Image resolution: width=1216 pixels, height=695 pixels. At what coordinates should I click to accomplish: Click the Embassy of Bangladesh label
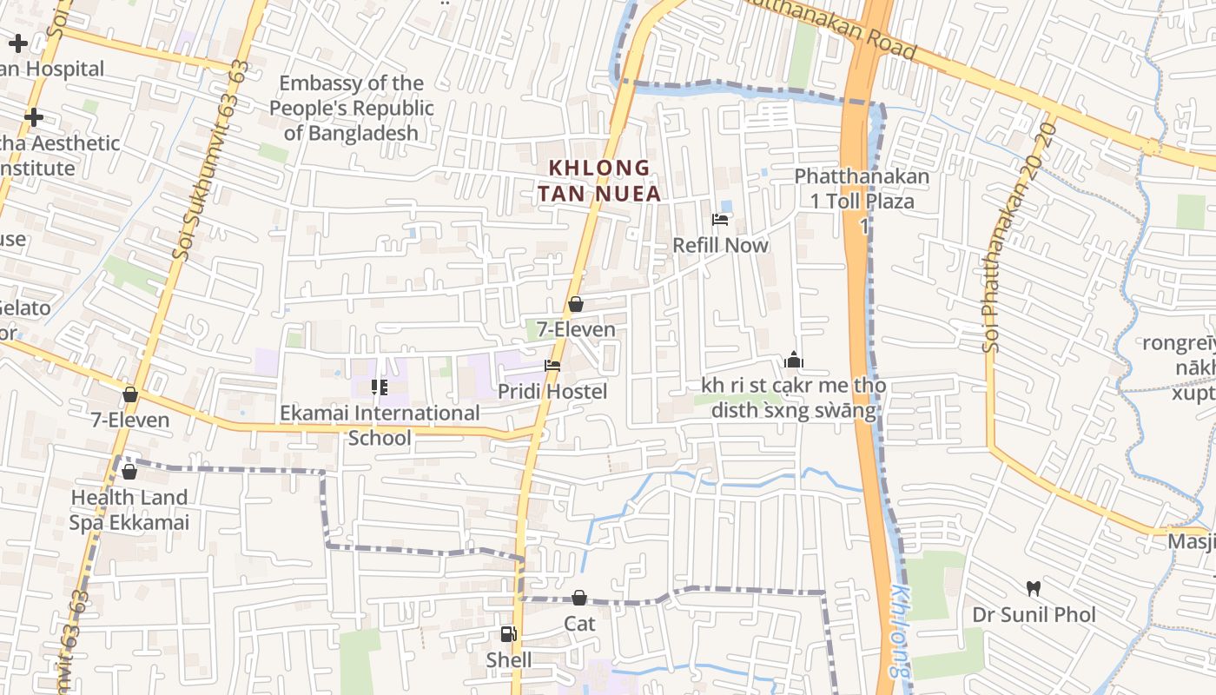(x=351, y=109)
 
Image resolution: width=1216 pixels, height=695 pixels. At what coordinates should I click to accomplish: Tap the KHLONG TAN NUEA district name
(x=599, y=181)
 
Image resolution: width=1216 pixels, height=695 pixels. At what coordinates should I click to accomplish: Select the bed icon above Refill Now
(x=720, y=220)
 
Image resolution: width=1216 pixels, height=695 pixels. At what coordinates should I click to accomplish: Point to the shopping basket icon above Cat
(x=579, y=598)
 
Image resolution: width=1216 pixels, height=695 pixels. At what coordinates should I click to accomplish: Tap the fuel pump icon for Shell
(x=508, y=634)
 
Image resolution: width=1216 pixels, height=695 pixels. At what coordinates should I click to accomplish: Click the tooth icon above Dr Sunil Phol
(x=1033, y=588)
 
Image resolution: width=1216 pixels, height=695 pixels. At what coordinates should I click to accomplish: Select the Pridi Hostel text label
(x=552, y=392)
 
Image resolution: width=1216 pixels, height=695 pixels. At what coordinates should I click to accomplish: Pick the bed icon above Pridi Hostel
(x=552, y=366)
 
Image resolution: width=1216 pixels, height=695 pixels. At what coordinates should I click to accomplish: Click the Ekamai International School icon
(x=379, y=387)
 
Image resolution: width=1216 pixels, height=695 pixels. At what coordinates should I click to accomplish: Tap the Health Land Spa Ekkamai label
(x=129, y=510)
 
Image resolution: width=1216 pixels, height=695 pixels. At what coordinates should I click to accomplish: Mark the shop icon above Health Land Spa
(x=129, y=472)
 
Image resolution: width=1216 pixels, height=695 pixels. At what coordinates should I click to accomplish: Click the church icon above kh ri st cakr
(x=793, y=360)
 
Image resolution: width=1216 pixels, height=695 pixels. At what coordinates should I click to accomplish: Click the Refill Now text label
(x=721, y=246)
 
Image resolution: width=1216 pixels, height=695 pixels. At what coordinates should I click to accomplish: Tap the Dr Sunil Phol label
(x=1034, y=615)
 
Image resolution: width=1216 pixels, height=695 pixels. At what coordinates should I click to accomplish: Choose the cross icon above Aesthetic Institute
(x=34, y=116)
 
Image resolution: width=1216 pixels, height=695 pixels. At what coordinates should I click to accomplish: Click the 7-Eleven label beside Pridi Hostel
(x=576, y=330)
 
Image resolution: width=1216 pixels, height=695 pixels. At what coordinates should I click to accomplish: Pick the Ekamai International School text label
(x=380, y=425)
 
